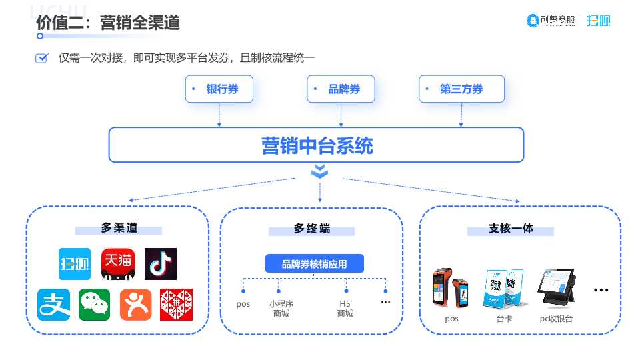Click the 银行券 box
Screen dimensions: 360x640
tap(219, 89)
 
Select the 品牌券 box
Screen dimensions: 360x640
tap(341, 89)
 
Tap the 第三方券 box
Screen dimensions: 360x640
tap(461, 89)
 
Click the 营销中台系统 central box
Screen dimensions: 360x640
tap(316, 145)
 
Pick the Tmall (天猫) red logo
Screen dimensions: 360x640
tap(118, 264)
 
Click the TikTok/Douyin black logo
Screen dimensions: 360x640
tap(161, 264)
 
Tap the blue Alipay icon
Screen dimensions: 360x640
tap(53, 305)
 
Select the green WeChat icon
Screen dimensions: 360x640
tap(95, 305)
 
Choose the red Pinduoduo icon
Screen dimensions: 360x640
tap(176, 305)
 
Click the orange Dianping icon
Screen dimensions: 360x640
tap(136, 305)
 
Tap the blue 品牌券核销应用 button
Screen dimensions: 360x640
tap(315, 264)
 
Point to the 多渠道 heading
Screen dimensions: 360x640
tap(119, 229)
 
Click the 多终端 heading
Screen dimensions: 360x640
tap(312, 229)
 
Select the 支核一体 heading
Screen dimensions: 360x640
tap(511, 229)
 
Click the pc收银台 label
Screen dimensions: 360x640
tap(556, 319)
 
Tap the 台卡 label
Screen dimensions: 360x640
tap(504, 319)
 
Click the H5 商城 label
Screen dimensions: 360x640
tap(345, 309)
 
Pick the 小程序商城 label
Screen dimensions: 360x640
tap(281, 309)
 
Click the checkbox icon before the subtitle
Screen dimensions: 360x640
tap(41, 58)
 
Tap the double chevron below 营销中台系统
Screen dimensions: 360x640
tap(320, 171)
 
